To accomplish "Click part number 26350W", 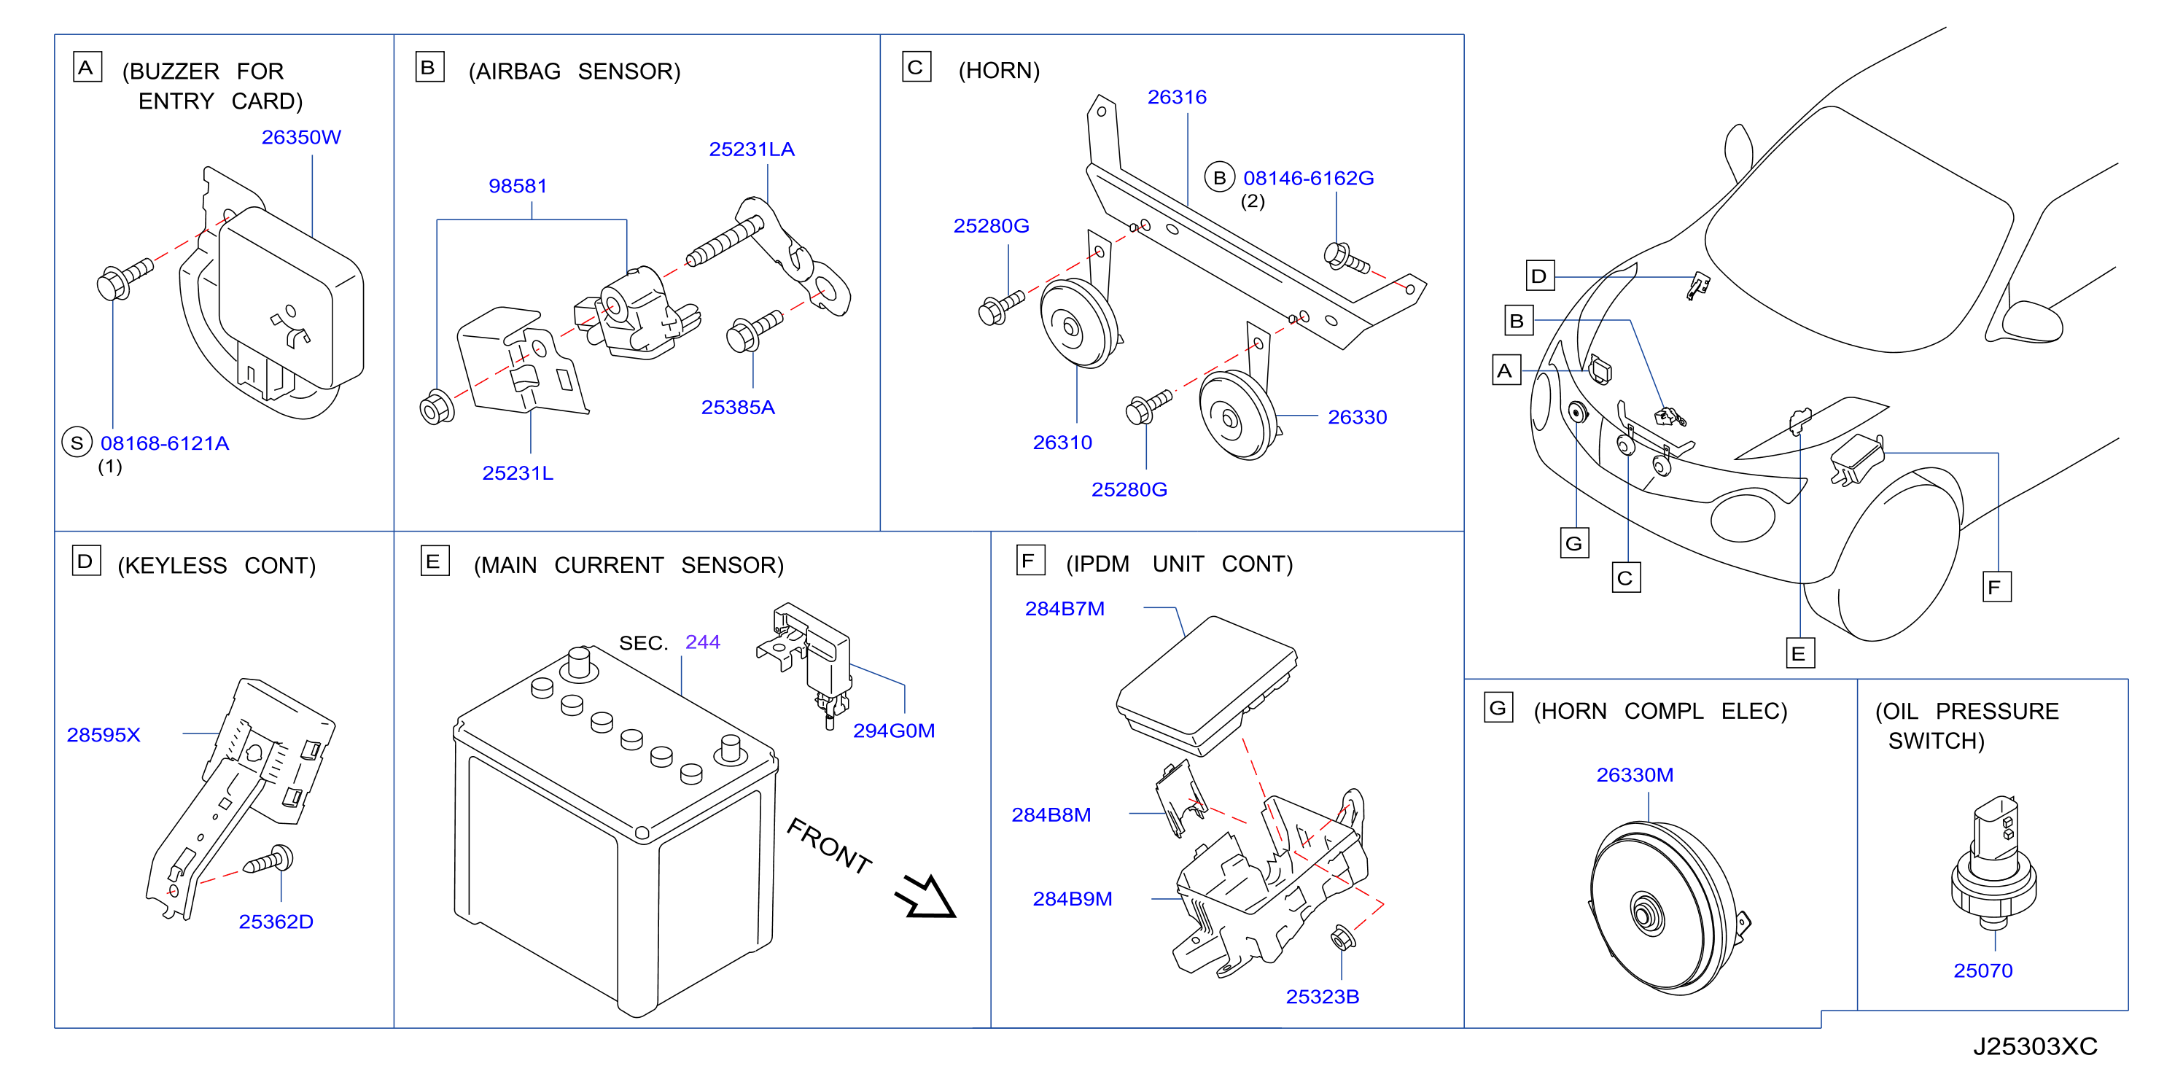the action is tap(301, 137).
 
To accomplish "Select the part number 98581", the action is tap(518, 187).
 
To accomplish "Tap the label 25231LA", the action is tap(752, 150).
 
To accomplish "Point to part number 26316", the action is tap(1177, 98).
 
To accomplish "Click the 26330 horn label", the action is tap(1357, 418).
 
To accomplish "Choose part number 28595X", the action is tap(104, 736).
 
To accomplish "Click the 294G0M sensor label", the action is tap(893, 731).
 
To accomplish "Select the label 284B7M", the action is tap(1065, 610).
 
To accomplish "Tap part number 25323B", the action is tap(1322, 997).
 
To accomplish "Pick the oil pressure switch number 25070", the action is tap(1983, 971).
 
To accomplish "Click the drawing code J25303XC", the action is tap(2035, 1047).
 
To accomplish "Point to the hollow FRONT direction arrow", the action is tap(927, 898).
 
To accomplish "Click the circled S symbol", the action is tap(77, 443).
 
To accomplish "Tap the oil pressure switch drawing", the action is tap(1993, 863).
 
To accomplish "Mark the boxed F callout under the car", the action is tap(1996, 587).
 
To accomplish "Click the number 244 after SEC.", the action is tap(703, 642).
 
